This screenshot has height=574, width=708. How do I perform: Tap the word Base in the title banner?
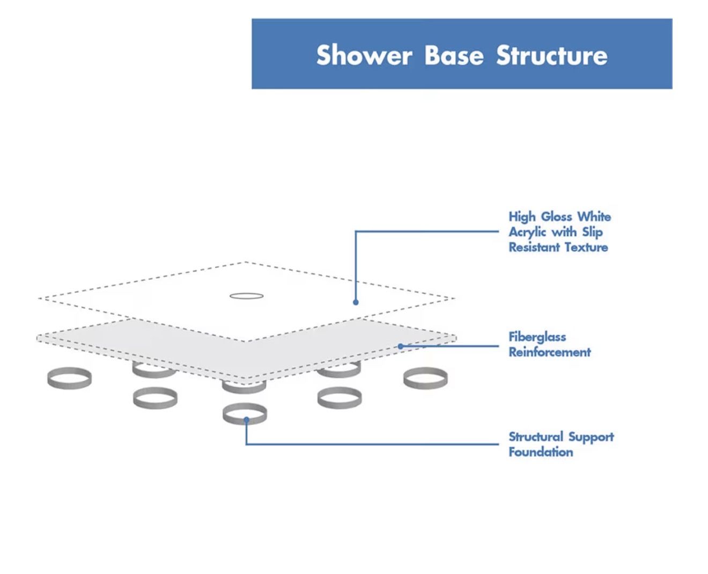pos(454,55)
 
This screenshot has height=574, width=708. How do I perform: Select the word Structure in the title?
pos(551,55)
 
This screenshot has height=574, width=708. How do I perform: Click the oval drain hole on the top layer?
pos(246,296)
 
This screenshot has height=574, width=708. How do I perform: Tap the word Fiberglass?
pos(537,337)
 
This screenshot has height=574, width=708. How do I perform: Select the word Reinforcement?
pos(549,352)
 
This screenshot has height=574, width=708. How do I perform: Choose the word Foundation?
pos(540,452)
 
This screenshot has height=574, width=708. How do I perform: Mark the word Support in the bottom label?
pos(591,437)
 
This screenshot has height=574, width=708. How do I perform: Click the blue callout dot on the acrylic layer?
pos(356,302)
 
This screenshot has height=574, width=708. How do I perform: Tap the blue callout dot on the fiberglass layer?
pos(400,346)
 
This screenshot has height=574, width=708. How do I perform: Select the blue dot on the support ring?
pos(246,420)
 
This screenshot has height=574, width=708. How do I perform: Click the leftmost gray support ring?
pos(69,378)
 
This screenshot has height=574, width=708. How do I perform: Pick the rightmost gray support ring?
pos(425,378)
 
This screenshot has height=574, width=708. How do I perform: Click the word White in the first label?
pos(594,217)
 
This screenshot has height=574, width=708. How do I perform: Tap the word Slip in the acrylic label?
pos(592,232)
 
